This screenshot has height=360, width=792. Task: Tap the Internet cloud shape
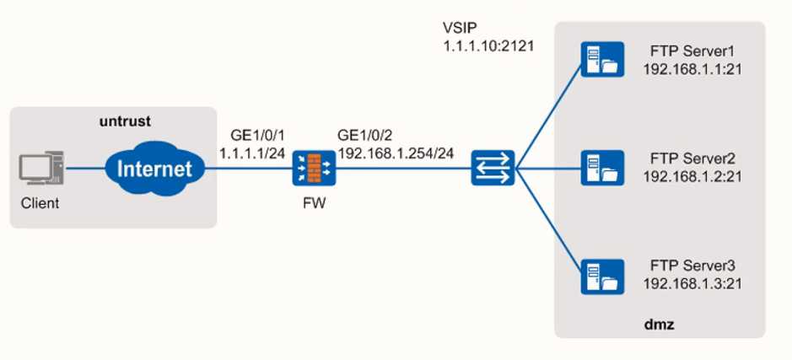[x=154, y=169]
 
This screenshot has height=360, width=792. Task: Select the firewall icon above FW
[x=313, y=169]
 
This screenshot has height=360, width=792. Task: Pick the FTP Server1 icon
[x=602, y=60]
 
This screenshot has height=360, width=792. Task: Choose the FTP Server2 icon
[x=602, y=168]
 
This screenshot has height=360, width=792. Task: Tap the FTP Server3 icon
[x=602, y=277]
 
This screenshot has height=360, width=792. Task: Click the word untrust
[x=125, y=121]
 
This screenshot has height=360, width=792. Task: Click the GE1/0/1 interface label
[x=255, y=137]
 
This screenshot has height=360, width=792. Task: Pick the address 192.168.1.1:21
[x=692, y=68]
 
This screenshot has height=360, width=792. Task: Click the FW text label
[x=313, y=203]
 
